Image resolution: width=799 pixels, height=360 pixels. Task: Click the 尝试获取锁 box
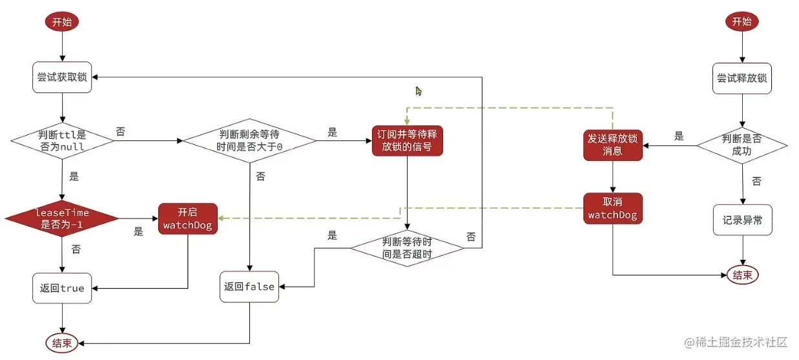point(61,78)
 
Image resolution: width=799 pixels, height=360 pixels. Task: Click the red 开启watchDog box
point(187,218)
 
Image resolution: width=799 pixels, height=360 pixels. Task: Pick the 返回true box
point(61,288)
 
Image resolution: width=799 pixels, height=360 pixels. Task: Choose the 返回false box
point(249,287)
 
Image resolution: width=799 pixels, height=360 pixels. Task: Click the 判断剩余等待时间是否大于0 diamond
point(249,140)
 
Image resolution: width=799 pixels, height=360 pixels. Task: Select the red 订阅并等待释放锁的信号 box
point(407,140)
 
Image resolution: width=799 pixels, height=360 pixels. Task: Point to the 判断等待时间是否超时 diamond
point(407,248)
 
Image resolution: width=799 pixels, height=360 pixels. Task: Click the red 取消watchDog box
point(612,208)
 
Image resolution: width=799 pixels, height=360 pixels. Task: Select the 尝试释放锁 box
point(742,79)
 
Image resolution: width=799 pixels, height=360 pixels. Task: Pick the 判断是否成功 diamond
point(742,145)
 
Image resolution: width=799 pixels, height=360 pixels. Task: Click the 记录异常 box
point(742,220)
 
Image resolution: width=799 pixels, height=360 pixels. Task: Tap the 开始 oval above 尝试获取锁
point(61,21)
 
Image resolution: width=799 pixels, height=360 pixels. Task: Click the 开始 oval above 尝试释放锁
point(742,21)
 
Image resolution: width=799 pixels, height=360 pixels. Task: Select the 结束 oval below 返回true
point(61,342)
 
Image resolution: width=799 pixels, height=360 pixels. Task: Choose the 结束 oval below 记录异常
point(742,275)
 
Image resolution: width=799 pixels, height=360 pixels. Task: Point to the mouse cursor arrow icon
point(419,91)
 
